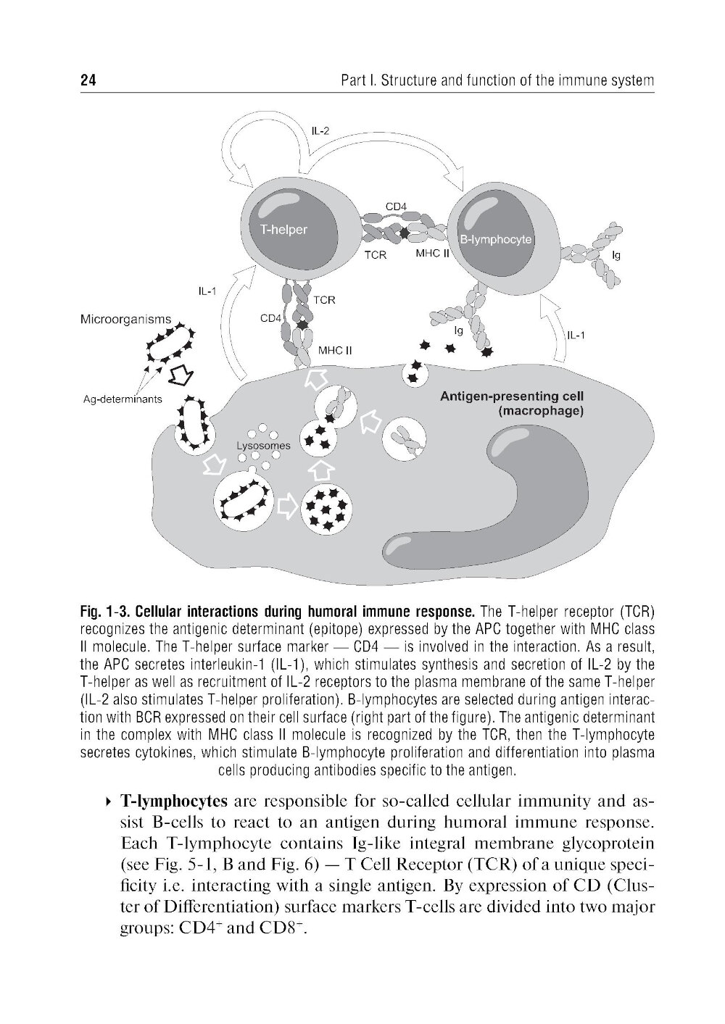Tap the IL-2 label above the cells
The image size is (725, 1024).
320,131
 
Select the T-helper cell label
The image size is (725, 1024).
283,230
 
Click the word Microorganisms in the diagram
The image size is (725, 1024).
126,319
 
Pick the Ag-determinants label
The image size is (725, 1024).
123,399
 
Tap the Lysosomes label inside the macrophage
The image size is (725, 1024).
263,446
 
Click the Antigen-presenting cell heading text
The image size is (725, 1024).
512,396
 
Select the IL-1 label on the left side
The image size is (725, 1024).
208,291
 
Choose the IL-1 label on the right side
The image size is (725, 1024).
576,336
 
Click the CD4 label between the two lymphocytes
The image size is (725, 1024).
395,206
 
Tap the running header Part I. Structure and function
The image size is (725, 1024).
497,80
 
